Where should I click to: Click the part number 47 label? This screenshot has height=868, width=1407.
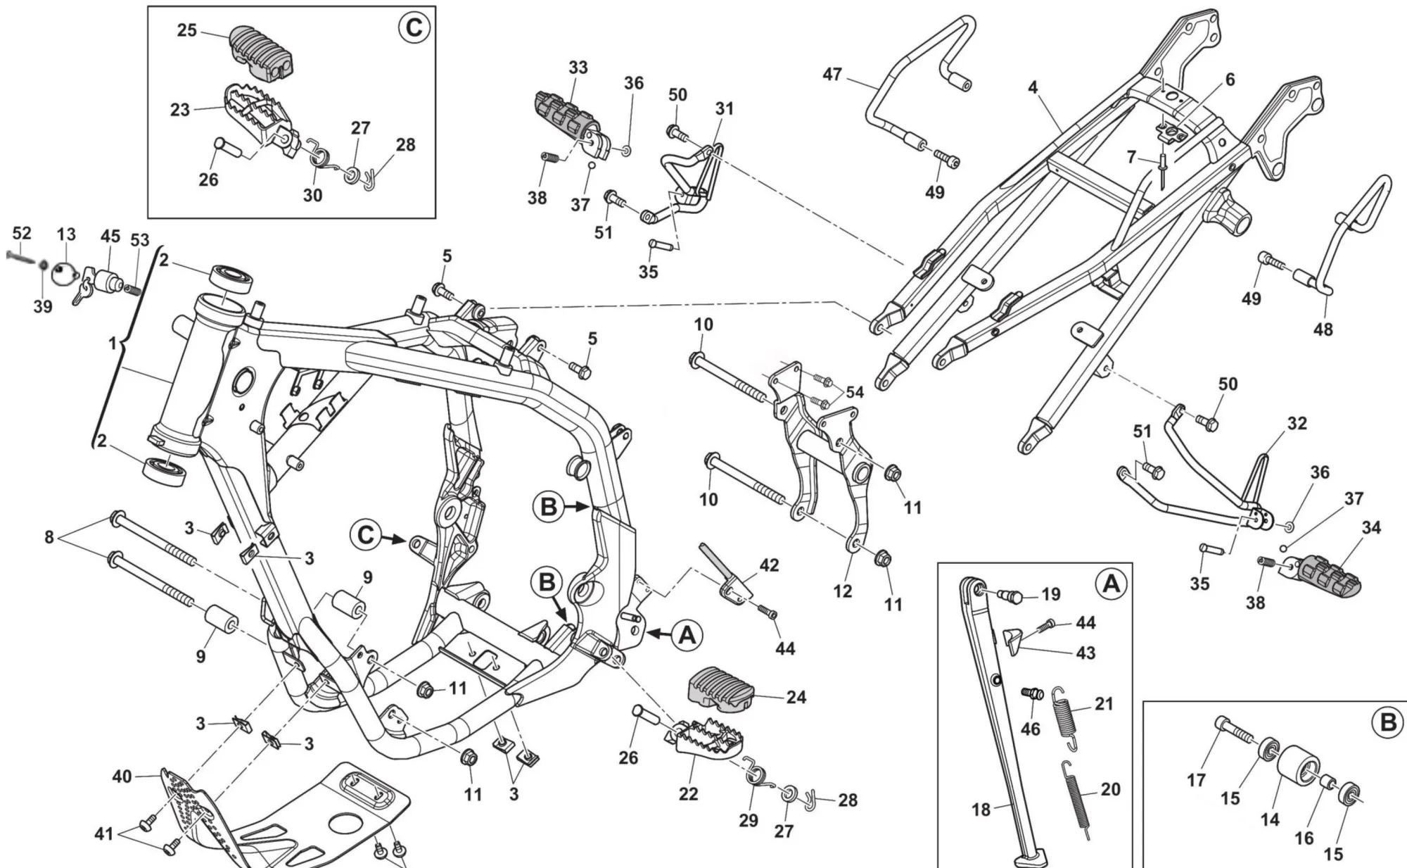(832, 74)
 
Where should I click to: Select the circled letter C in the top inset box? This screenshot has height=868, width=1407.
(413, 27)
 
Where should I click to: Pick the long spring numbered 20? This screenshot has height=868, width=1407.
(1076, 799)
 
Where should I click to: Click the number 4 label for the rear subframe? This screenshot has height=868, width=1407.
(1033, 88)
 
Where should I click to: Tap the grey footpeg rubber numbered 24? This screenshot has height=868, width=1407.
(721, 688)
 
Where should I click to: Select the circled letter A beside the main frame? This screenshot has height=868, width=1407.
(687, 635)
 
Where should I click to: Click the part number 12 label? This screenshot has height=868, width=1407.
(843, 591)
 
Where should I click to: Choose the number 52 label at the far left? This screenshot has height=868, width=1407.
(22, 233)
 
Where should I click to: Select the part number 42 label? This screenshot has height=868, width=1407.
(769, 565)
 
